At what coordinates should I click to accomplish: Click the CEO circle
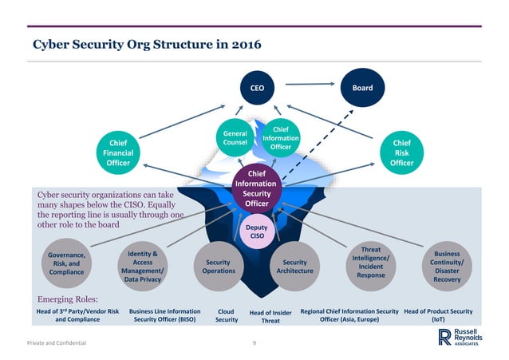pos(257,87)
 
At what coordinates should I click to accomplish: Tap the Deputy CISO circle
pos(257,231)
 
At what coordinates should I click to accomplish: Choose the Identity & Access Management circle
pos(142,267)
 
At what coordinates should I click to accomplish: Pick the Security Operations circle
pos(219,266)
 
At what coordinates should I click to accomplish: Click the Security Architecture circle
pos(295,266)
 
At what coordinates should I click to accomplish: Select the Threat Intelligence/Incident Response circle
pos(370,263)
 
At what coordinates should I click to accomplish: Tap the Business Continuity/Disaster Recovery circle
pos(447,263)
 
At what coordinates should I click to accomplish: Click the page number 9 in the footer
pos(254,342)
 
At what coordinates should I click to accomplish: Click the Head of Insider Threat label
pos(270,316)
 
